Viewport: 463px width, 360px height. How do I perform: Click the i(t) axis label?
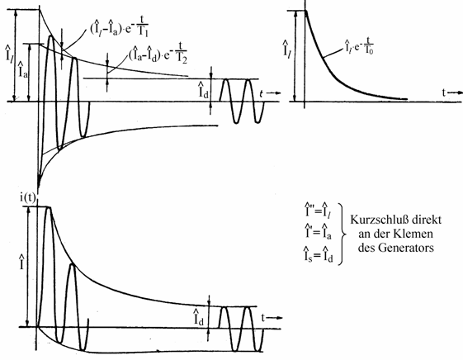click(x=28, y=198)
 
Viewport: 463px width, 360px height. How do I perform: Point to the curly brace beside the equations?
click(x=343, y=234)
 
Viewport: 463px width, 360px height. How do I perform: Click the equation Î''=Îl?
click(x=318, y=210)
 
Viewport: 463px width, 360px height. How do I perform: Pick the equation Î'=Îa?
click(x=318, y=231)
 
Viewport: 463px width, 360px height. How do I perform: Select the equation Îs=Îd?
click(x=319, y=254)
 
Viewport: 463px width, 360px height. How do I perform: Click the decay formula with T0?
click(x=358, y=46)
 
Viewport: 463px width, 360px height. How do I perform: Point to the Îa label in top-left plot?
click(x=23, y=70)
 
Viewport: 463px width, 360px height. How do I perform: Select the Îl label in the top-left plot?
click(x=9, y=53)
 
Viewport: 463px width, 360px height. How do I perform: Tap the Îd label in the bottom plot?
click(x=199, y=317)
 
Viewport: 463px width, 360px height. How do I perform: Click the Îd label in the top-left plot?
click(x=204, y=90)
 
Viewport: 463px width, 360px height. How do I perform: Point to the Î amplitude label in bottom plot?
click(x=21, y=262)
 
